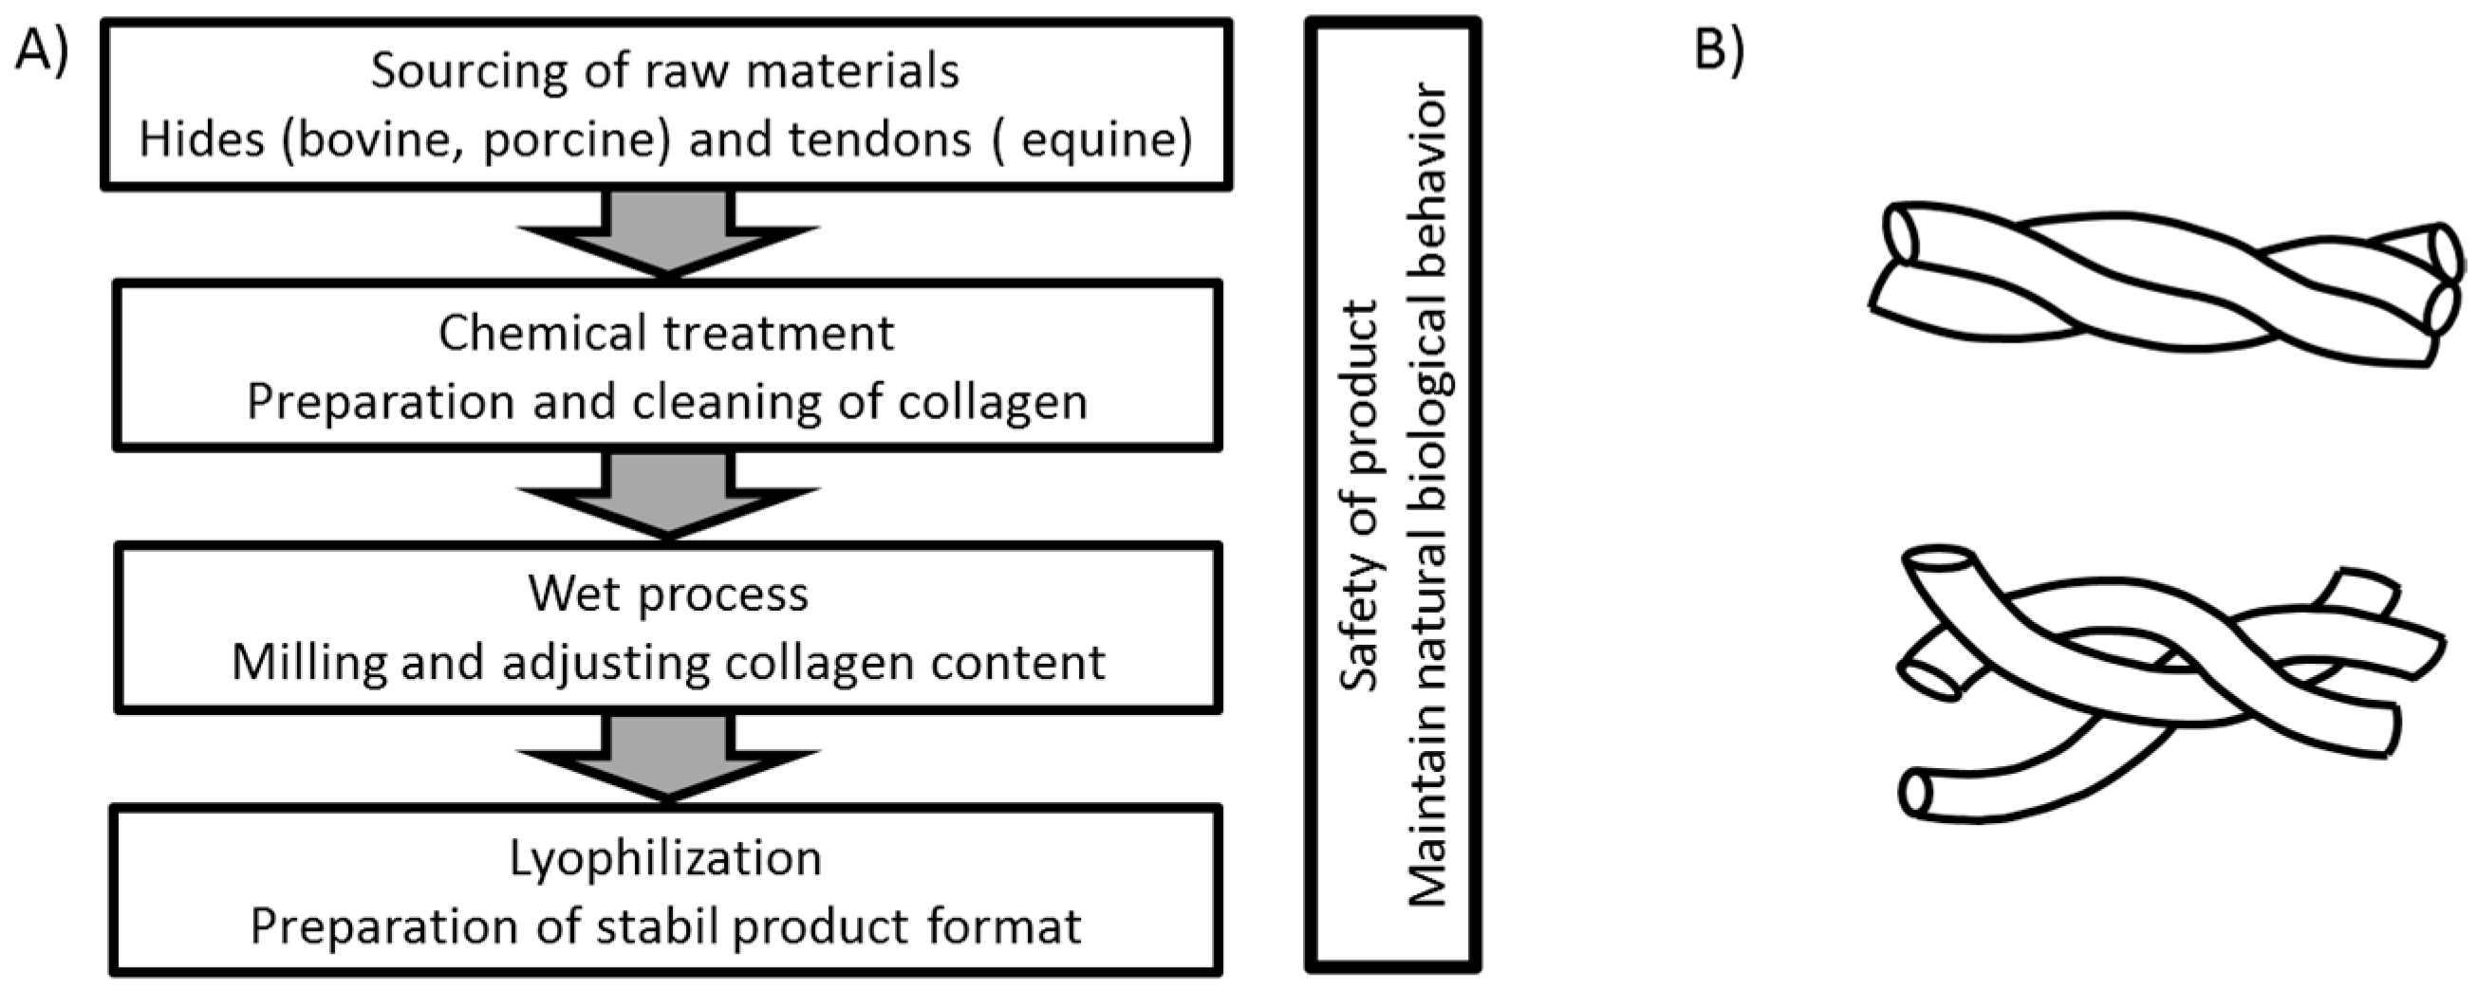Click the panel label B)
click(x=1719, y=49)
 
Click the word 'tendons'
click(x=879, y=140)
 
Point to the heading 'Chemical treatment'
click(x=666, y=333)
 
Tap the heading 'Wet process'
click(x=667, y=594)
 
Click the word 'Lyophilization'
click(x=665, y=857)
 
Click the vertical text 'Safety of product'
click(x=1360, y=495)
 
